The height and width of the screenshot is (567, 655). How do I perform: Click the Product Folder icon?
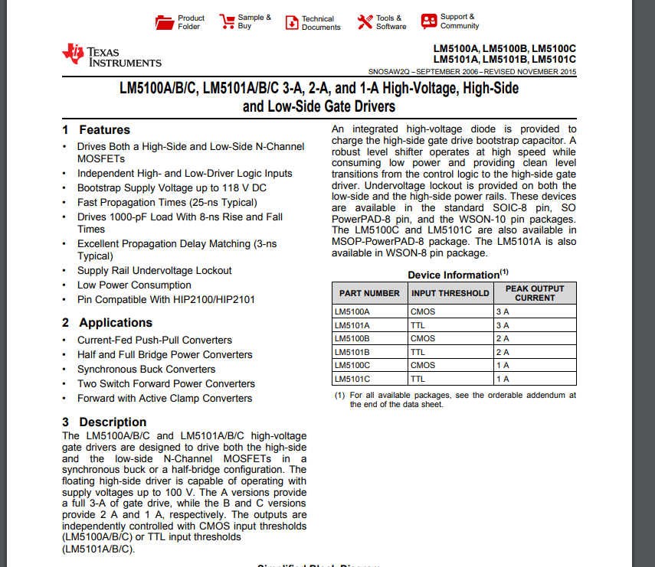click(165, 21)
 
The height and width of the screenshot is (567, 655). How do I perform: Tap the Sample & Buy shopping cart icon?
click(227, 21)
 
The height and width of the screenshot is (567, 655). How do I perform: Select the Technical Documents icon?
click(292, 23)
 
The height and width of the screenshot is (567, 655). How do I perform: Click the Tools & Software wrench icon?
click(365, 21)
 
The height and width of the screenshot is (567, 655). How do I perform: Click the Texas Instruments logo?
click(112, 56)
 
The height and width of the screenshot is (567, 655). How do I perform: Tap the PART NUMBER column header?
click(369, 293)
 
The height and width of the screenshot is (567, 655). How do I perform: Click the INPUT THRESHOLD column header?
click(450, 293)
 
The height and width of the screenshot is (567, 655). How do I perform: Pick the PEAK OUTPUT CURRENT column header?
click(535, 293)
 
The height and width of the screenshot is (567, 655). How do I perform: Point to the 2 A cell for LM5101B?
click(503, 352)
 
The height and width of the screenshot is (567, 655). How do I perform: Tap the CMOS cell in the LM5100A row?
click(423, 311)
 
